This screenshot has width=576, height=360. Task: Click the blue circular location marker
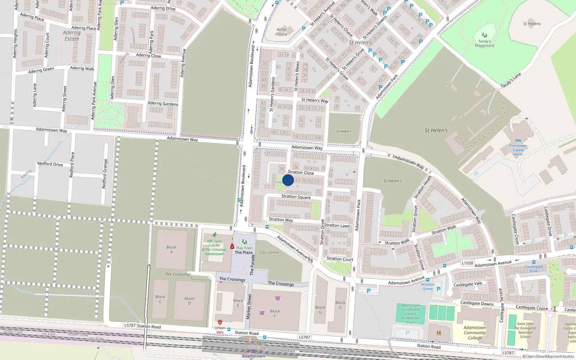point(288,180)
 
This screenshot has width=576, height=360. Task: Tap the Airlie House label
point(282,32)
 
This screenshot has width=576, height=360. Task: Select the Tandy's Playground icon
point(485,35)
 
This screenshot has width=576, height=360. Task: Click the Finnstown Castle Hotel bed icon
point(518,141)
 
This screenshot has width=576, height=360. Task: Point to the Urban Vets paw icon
point(220,322)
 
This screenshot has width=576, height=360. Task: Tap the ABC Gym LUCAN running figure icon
point(215,235)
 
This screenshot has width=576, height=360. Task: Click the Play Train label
point(244,248)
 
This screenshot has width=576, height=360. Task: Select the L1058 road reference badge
point(467,263)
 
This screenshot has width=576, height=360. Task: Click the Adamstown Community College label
point(475,333)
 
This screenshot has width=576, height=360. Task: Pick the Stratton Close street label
point(301,172)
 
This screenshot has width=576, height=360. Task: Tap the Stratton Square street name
point(296,197)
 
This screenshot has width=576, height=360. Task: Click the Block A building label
point(171,249)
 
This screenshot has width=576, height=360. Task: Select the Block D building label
point(189,301)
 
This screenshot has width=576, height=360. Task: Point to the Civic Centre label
point(269,252)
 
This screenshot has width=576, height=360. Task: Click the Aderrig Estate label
point(72,36)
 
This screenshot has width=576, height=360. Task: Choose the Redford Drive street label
point(50,164)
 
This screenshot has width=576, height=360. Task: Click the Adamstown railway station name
point(253,356)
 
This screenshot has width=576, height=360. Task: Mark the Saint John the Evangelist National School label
point(525,330)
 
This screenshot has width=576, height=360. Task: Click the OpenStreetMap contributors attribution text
point(548,357)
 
